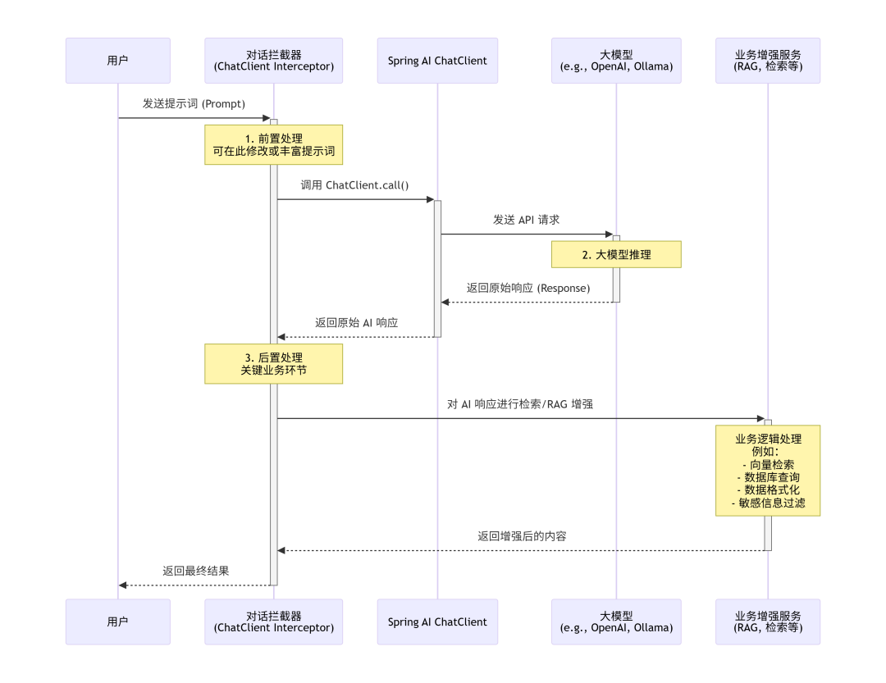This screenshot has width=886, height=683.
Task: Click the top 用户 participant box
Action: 118,60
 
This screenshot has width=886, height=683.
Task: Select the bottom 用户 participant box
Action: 118,622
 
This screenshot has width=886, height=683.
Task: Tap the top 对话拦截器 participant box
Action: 274,60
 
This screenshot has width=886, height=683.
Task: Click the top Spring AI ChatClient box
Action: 437,60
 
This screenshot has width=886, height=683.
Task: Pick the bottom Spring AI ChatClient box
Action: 437,622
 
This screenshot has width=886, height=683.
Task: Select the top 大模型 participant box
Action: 616,60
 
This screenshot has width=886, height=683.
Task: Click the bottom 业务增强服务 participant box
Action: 768,622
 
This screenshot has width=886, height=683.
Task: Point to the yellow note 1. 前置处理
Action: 274,145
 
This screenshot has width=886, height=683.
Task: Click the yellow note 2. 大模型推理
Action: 616,254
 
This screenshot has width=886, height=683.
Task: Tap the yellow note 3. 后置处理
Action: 274,364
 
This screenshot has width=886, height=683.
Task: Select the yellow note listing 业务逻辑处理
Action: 768,470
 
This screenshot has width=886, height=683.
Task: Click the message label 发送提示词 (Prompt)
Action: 194,103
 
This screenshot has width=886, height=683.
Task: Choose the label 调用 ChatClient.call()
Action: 354,185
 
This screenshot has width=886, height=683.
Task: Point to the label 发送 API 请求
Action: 526,220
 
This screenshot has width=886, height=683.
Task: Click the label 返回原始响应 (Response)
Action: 527,288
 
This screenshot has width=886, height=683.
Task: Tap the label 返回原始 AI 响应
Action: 356,323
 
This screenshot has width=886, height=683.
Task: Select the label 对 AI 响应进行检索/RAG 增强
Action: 520,404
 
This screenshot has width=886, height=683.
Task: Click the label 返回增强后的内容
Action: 522,536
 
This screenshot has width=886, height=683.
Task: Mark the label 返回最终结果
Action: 195,571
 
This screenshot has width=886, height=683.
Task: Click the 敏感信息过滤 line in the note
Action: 769,503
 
